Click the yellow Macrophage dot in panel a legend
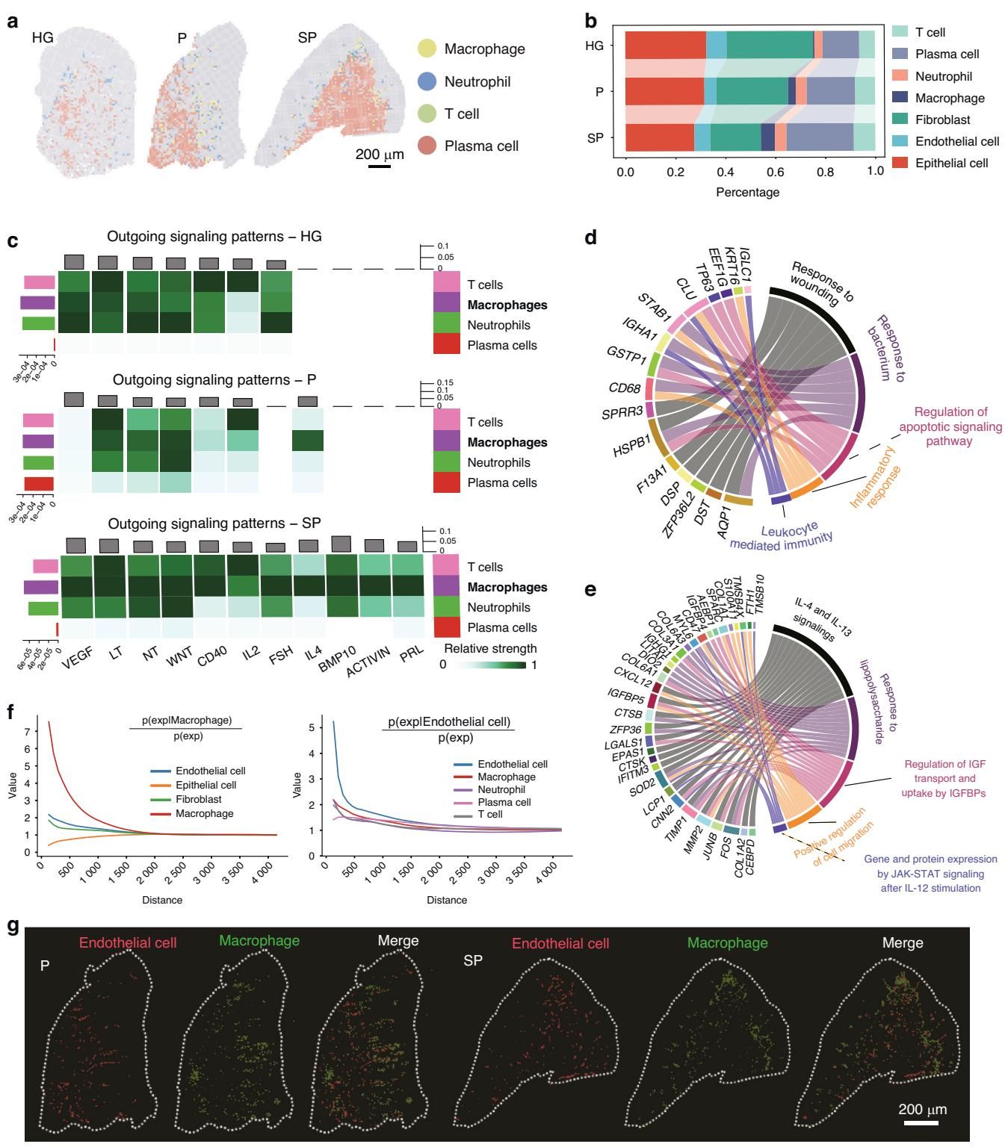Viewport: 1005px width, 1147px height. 427,49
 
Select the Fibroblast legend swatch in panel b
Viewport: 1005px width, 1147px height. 900,119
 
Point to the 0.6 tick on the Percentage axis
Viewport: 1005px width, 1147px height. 775,171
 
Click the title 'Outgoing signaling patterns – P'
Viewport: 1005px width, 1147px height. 214,379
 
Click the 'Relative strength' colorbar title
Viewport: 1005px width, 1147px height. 490,647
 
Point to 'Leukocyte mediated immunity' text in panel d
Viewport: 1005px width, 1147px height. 782,536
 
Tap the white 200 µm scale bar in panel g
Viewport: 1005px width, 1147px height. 921,1122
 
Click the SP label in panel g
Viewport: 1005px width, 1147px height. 473,960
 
